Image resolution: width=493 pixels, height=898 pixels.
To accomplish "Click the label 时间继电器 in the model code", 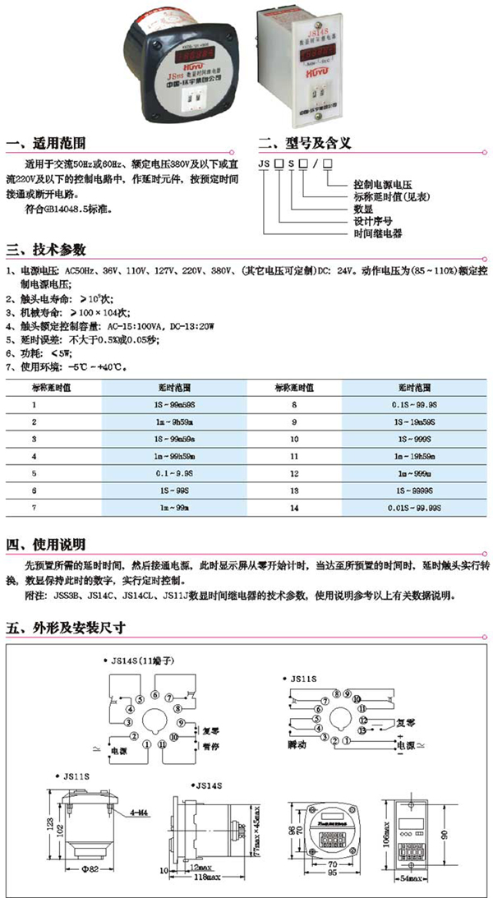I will [x=376, y=233].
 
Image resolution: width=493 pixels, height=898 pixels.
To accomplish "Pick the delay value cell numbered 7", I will [x=35, y=509].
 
